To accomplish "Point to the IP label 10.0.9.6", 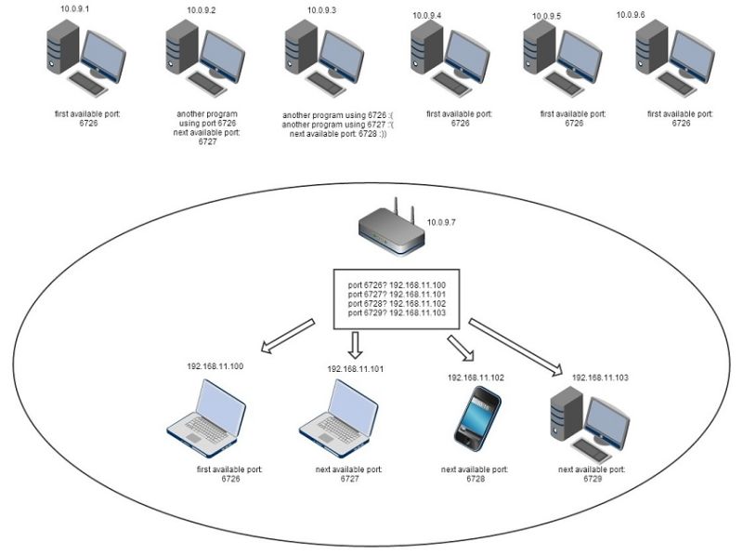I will point(631,15).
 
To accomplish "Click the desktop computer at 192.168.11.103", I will point(588,420).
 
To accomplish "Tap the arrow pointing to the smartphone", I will point(460,349).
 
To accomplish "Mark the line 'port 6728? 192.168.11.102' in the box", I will point(397,303).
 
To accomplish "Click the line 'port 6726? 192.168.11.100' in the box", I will point(397,285).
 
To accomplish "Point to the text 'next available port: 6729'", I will point(591,475).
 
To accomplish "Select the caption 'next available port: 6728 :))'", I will point(337,134).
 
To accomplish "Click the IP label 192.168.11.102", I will point(476,378).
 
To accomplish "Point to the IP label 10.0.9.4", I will point(426,16).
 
